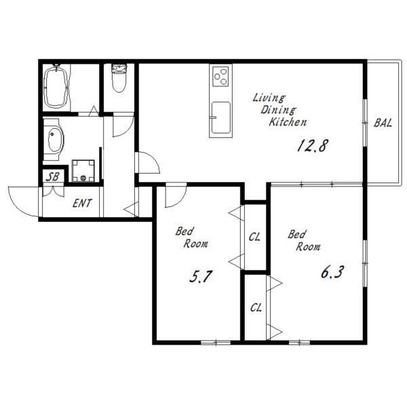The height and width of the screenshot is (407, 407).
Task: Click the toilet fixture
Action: click(119, 78)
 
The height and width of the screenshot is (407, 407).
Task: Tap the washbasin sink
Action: click(56, 140)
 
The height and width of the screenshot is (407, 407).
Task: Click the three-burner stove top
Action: click(220, 76)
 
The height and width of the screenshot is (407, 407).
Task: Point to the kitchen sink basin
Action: click(220, 118)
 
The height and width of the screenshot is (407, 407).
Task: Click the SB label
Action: click(53, 177)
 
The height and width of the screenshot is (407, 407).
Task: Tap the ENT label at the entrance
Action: click(82, 203)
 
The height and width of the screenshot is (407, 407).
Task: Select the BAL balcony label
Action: click(383, 123)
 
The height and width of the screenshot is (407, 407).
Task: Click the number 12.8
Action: click(313, 146)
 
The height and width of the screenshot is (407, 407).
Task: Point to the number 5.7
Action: click(201, 276)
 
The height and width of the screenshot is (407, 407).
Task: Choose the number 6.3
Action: click(332, 273)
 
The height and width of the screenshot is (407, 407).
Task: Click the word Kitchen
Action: click(288, 122)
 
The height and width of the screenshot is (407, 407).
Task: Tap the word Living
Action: click(269, 98)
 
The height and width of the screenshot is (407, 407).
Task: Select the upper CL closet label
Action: click(254, 237)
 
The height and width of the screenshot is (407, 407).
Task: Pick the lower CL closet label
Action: click(256, 308)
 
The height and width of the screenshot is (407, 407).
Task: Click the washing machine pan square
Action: click(83, 170)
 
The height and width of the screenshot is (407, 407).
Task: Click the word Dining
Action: click(278, 110)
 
